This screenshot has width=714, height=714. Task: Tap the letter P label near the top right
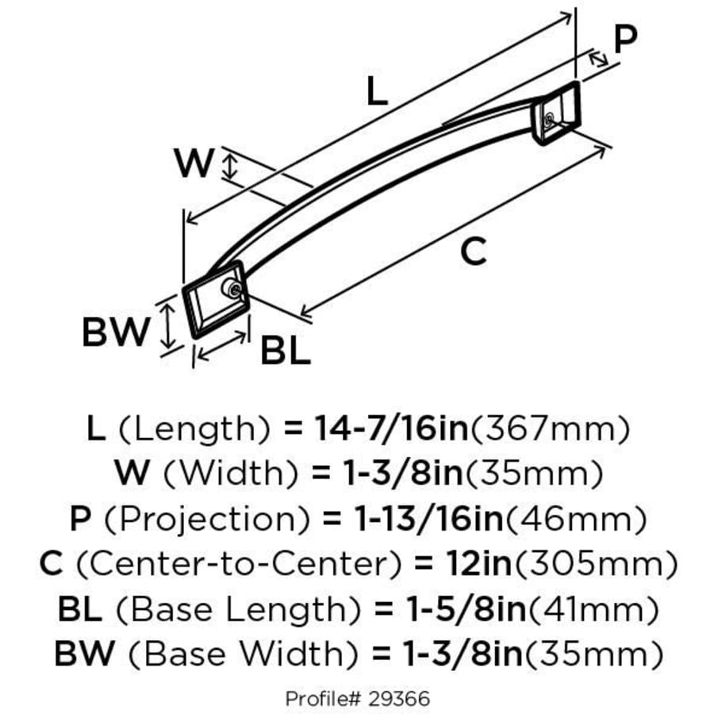click(x=626, y=37)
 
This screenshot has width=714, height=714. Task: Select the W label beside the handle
click(x=194, y=164)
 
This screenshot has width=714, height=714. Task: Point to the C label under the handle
click(x=473, y=252)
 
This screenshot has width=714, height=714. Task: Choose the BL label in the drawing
click(x=285, y=351)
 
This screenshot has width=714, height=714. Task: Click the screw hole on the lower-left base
click(x=232, y=290)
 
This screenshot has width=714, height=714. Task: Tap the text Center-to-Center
click(x=237, y=565)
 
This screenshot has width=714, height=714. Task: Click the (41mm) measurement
click(x=593, y=610)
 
